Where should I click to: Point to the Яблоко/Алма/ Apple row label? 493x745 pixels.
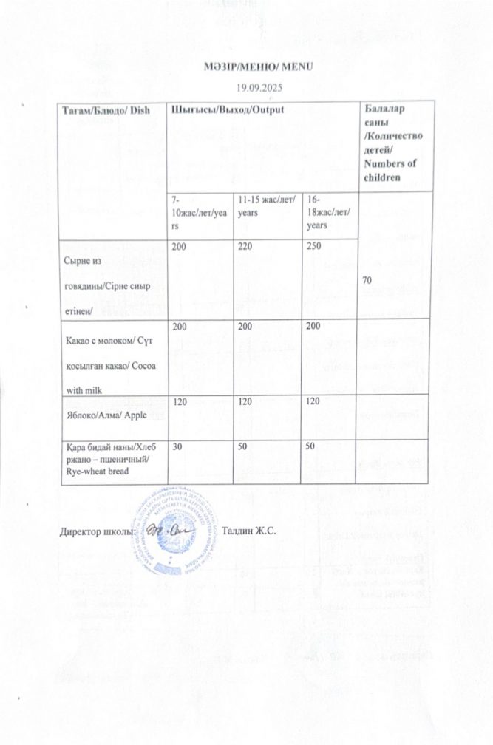click(104, 415)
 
